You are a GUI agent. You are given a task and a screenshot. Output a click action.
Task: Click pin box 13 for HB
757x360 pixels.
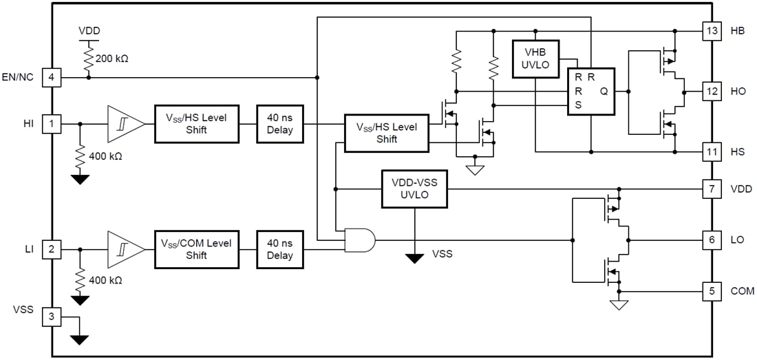(712, 32)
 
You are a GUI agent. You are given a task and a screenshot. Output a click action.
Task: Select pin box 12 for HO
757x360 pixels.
(712, 91)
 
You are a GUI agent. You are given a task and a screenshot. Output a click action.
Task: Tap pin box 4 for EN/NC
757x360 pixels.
(52, 77)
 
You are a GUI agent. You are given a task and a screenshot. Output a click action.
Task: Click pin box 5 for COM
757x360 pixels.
(712, 291)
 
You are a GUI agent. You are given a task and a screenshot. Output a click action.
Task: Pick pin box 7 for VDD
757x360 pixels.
(712, 189)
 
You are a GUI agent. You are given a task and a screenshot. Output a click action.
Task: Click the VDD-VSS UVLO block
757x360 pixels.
(414, 189)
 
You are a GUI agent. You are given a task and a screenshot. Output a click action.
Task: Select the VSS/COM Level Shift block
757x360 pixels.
(197, 249)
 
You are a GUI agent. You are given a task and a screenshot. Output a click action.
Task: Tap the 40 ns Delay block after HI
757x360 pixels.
(280, 124)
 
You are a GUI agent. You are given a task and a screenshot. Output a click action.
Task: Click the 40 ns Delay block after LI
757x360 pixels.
(280, 249)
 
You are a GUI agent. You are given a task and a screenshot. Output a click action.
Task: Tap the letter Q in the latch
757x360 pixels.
(604, 91)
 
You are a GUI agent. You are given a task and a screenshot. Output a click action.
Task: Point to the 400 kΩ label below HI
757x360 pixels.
(106, 156)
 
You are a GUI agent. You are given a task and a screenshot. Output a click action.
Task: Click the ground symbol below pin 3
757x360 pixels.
(80, 339)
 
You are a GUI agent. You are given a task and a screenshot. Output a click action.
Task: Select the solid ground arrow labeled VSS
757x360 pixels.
(414, 258)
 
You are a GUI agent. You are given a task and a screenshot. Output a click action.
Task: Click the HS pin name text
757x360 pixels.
(737, 151)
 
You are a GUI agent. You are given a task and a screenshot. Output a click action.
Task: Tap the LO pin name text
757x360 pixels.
(737, 240)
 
